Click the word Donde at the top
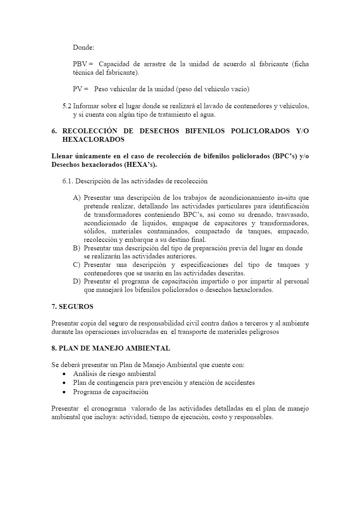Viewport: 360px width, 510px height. [x=83, y=48]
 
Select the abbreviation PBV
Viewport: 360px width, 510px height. [x=80, y=64]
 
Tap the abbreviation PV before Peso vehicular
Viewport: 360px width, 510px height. [x=78, y=89]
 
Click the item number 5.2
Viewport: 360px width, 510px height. [x=67, y=106]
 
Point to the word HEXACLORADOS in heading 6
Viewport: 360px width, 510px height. [x=93, y=139]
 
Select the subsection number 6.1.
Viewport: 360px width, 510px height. [x=68, y=181]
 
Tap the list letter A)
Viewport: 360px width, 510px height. [x=77, y=198]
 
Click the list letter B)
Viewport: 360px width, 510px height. [x=77, y=248]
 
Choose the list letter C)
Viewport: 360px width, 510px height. [x=77, y=265]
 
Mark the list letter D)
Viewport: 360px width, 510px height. [x=77, y=281]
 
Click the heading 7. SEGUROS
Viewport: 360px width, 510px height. [x=72, y=306]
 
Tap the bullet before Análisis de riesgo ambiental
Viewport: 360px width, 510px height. [x=64, y=374]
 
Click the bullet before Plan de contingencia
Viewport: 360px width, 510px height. [x=64, y=383]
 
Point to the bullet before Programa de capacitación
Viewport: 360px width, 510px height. [x=64, y=392]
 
